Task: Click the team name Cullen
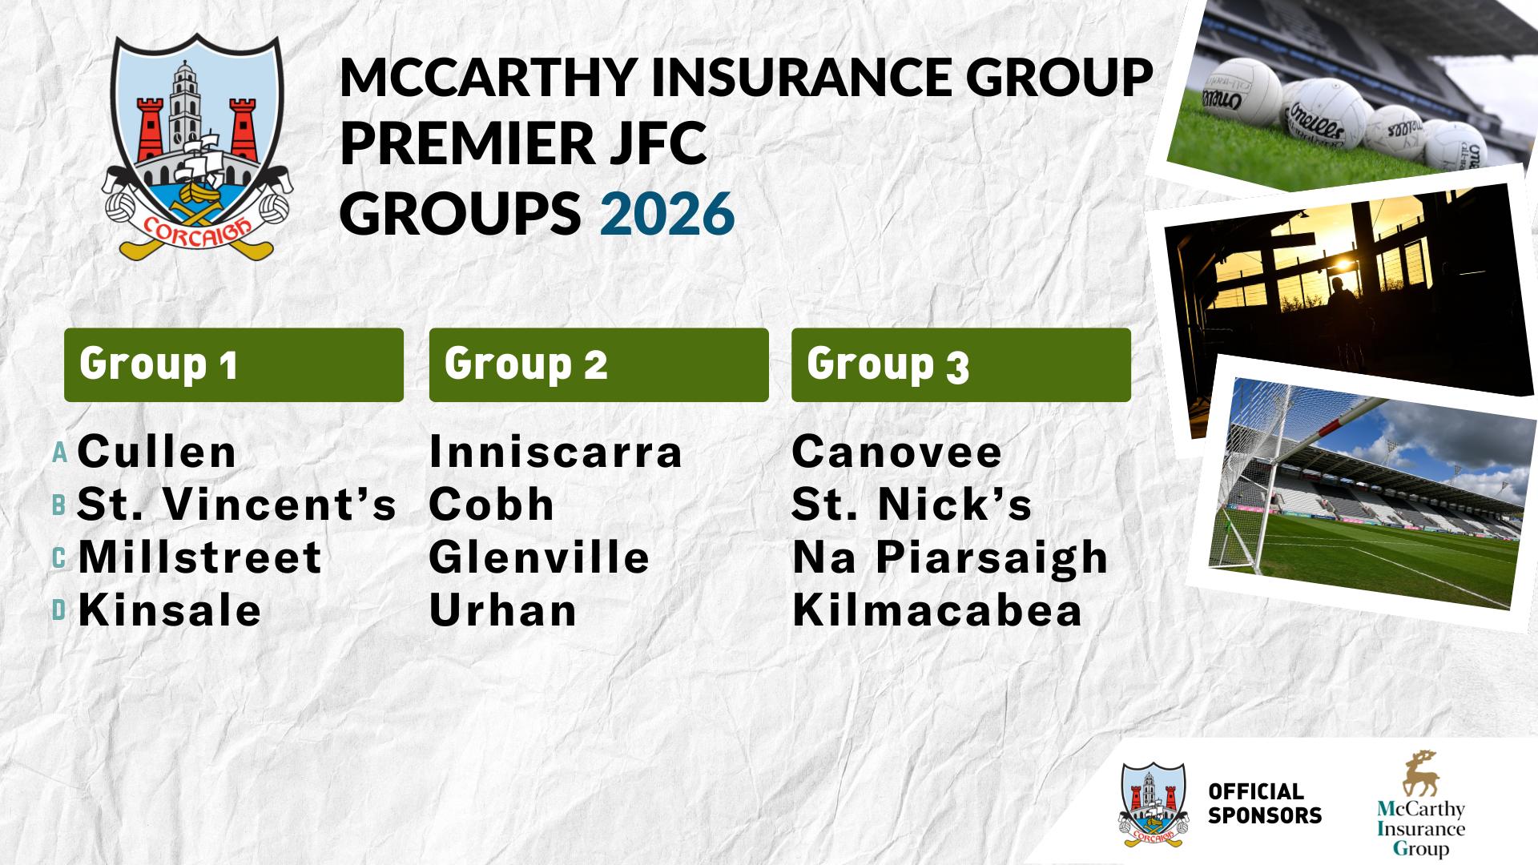click(x=157, y=452)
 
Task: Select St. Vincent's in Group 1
click(x=237, y=505)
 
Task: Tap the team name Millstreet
click(x=200, y=557)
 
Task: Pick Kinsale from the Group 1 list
click(x=170, y=610)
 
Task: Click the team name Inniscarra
click(x=556, y=452)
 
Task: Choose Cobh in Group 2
click(x=492, y=505)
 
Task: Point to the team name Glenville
click(x=540, y=557)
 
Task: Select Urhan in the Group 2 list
click(x=503, y=610)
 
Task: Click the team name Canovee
click(x=897, y=452)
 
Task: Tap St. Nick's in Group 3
click(x=912, y=505)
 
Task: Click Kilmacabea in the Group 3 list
click(x=937, y=610)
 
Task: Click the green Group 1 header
click(x=234, y=364)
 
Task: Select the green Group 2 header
click(x=599, y=364)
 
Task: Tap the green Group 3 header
click(x=961, y=364)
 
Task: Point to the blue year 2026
click(x=667, y=213)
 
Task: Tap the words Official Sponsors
click(x=1265, y=803)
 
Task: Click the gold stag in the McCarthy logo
click(x=1420, y=774)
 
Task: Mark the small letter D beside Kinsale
click(x=58, y=611)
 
